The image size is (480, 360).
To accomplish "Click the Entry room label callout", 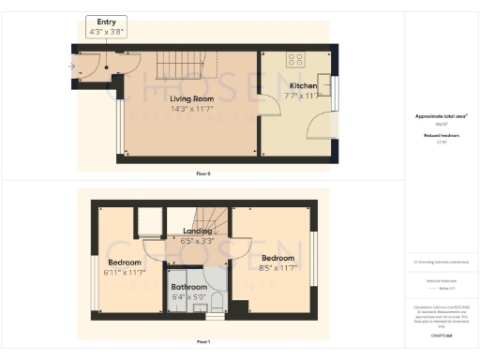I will tap(105, 24).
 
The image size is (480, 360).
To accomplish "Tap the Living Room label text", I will tap(191, 97).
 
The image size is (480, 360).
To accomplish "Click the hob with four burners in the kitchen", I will tap(295, 59).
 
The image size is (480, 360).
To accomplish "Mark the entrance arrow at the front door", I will tap(73, 66).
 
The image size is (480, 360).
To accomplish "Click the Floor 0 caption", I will tap(203, 173).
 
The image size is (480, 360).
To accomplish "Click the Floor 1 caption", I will tap(203, 341).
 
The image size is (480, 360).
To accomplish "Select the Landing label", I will tap(198, 231).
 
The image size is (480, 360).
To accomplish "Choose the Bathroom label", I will tap(188, 288).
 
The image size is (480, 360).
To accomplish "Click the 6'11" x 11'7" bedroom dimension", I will tap(124, 272).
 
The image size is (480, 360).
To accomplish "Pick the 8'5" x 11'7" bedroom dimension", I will tap(277, 267).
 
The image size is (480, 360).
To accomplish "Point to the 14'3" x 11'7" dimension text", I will tap(191, 109).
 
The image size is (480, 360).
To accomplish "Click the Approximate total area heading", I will tap(441, 116).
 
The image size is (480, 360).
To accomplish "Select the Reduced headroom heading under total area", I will tap(441, 136).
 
